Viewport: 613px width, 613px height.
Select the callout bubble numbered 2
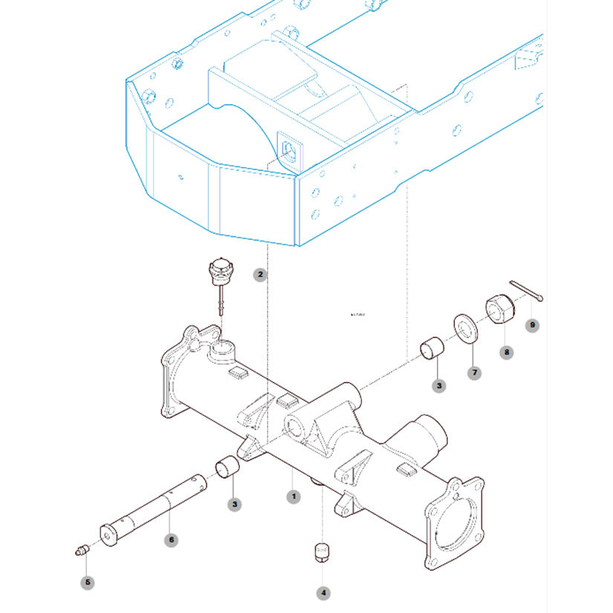pyautogui.click(x=260, y=275)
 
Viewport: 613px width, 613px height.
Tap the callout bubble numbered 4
pyautogui.click(x=322, y=593)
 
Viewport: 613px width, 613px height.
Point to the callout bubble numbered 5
pyautogui.click(x=88, y=583)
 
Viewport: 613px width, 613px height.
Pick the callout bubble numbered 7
pyautogui.click(x=474, y=373)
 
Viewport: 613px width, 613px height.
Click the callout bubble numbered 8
pyautogui.click(x=506, y=352)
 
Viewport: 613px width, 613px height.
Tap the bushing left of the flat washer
pyautogui.click(x=433, y=348)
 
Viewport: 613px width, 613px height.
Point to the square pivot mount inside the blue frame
pyautogui.click(x=288, y=149)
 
